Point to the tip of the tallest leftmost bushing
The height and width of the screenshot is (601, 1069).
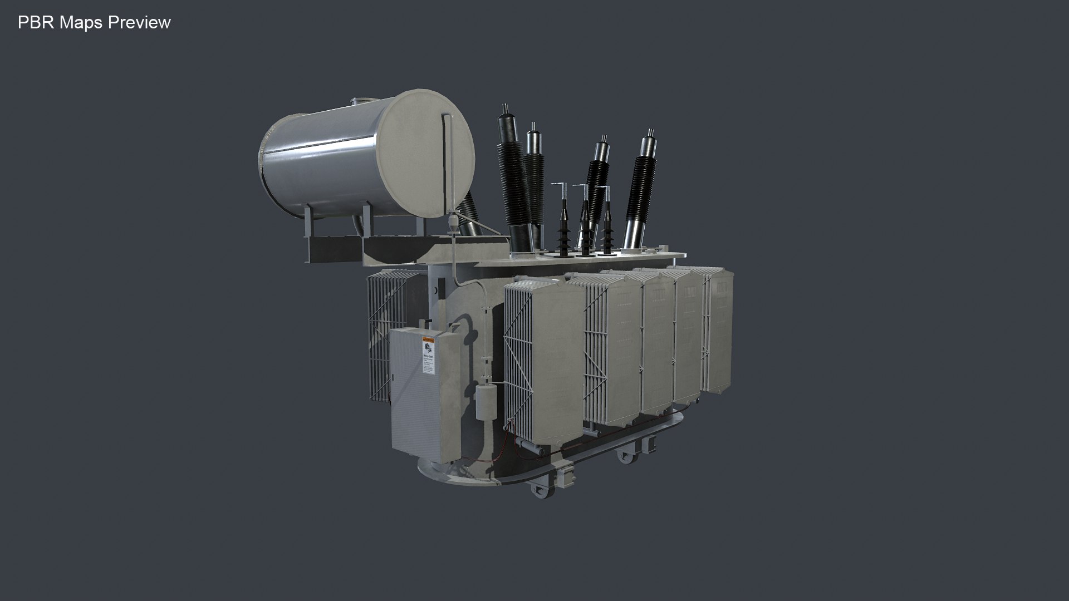click(x=505, y=107)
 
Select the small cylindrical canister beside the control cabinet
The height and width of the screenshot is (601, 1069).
click(x=486, y=400)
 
